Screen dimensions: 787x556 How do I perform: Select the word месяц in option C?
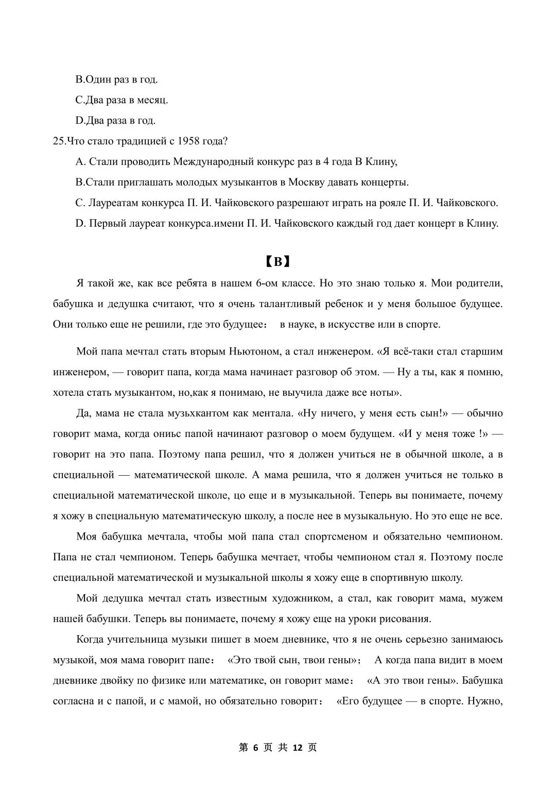click(x=151, y=100)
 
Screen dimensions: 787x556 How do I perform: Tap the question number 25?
click(x=58, y=141)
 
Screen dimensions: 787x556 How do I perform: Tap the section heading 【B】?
click(x=278, y=261)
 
